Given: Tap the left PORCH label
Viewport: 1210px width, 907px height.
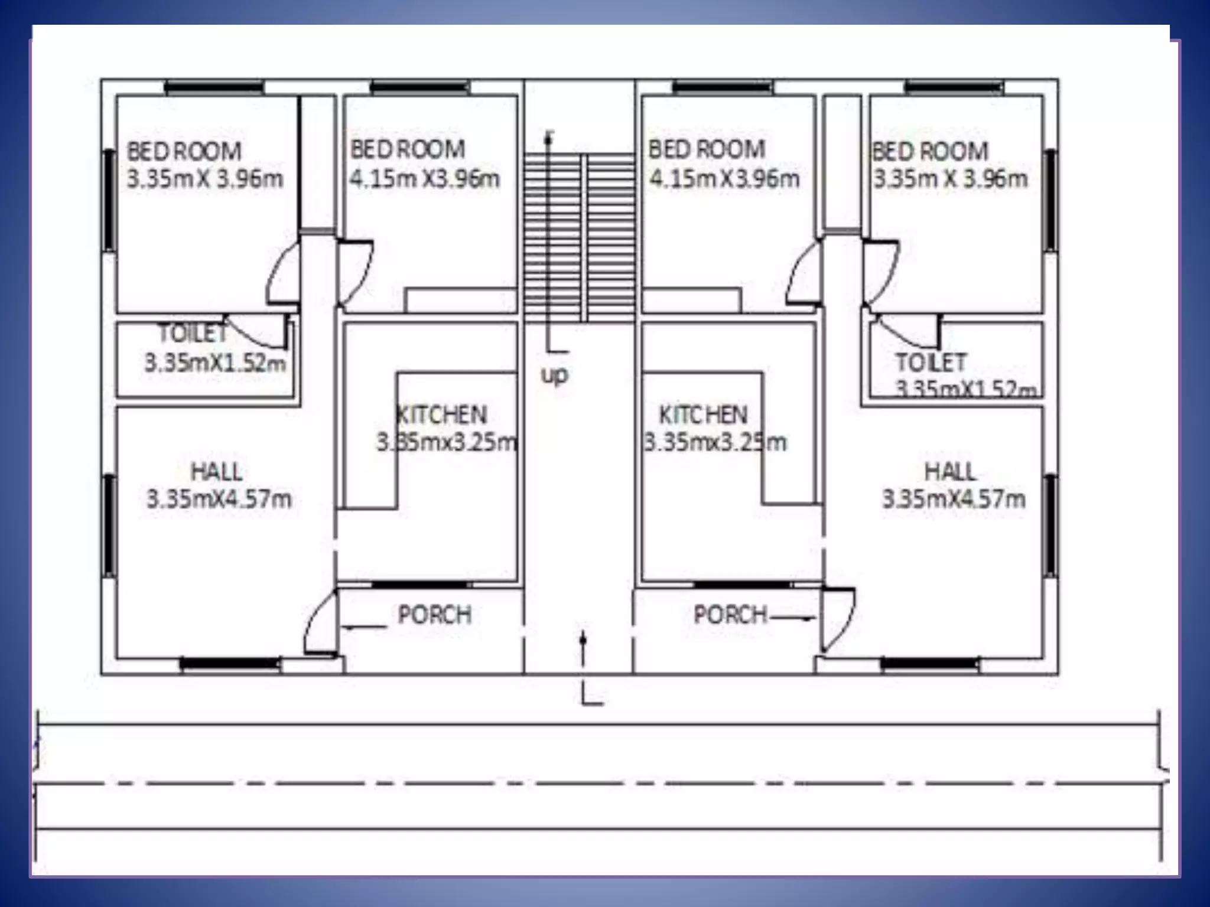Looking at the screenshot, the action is click(x=435, y=615).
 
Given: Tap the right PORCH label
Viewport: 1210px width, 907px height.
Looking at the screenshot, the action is click(x=730, y=615).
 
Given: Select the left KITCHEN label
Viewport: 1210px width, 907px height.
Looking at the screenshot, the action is click(x=442, y=415).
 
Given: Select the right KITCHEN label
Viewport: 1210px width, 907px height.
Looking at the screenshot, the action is click(x=703, y=415).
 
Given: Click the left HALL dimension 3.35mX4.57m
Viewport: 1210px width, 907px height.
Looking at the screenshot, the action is click(x=219, y=499).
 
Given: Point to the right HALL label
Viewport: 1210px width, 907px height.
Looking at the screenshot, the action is click(x=950, y=471).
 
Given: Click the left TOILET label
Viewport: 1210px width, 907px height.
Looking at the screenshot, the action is click(x=193, y=334).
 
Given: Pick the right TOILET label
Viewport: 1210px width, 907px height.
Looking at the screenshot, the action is click(x=931, y=362).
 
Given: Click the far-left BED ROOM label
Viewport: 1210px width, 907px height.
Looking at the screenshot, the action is click(x=184, y=151).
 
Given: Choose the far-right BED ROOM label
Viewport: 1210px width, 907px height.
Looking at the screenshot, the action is click(x=930, y=151).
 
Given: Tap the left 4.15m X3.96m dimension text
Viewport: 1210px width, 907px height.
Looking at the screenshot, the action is click(x=425, y=178).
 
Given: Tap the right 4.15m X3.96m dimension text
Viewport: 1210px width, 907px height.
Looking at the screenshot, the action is click(x=724, y=178).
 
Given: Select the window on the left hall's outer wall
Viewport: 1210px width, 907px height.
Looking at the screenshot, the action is click(x=109, y=526).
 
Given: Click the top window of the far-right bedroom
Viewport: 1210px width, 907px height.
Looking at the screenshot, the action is click(x=954, y=88).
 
